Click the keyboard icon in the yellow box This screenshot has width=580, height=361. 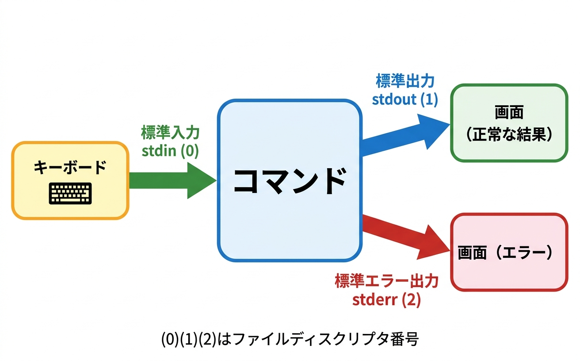(x=70, y=193)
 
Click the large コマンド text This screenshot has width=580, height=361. (x=289, y=181)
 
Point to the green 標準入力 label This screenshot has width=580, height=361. (x=170, y=133)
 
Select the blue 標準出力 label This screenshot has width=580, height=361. (x=405, y=81)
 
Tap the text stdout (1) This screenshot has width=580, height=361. (x=405, y=99)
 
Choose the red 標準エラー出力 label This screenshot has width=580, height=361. (x=386, y=281)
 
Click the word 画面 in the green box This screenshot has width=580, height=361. (x=509, y=113)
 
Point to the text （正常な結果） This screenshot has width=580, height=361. (x=509, y=134)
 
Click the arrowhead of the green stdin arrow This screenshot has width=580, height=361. (x=201, y=180)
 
